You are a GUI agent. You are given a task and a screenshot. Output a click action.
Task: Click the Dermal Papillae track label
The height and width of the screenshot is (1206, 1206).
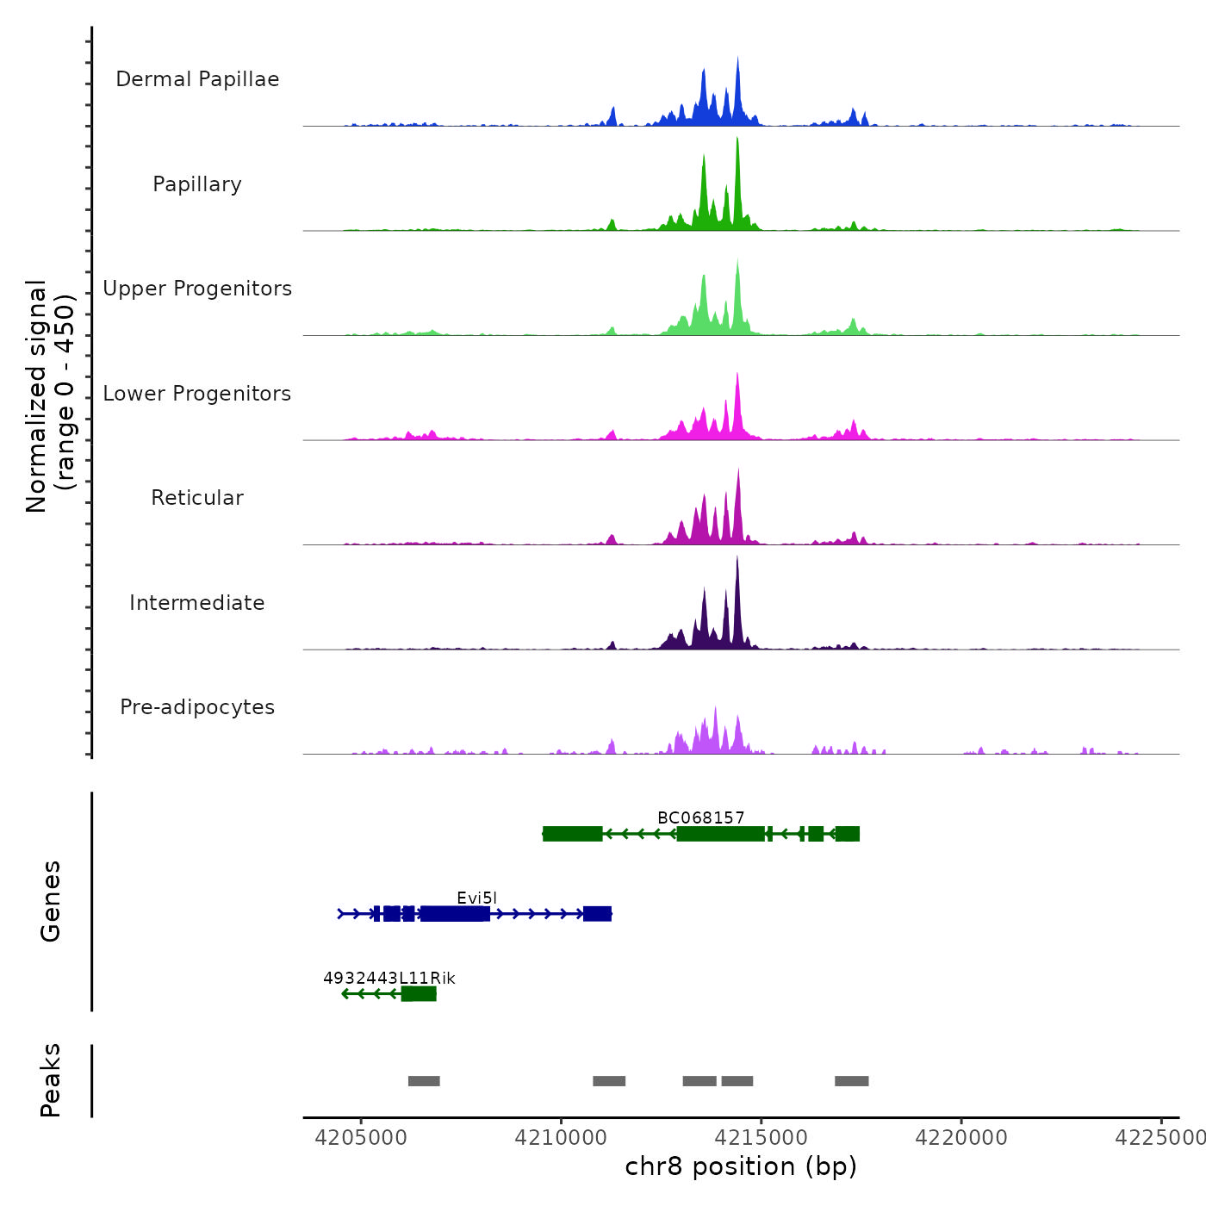(197, 79)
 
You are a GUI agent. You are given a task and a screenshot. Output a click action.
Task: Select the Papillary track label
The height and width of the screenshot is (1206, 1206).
(197, 184)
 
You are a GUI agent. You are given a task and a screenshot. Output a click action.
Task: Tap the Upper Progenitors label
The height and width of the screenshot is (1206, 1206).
(197, 289)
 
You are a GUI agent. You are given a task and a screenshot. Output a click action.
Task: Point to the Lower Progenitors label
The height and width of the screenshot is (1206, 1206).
(197, 394)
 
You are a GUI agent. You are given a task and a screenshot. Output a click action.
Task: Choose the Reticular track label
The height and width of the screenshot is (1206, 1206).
(197, 498)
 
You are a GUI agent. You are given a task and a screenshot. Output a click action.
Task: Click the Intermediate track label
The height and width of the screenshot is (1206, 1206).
(197, 603)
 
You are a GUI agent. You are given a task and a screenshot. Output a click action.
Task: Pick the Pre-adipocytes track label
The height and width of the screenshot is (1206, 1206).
(197, 707)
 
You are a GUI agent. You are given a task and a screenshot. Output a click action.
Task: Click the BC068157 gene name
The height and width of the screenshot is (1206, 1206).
(700, 817)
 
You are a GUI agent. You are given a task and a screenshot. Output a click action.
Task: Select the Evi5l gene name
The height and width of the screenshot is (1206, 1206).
(476, 898)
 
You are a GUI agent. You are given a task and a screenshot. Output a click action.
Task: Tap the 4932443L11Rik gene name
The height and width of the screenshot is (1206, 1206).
(389, 978)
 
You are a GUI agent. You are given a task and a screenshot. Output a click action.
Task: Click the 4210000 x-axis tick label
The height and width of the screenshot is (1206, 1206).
(561, 1138)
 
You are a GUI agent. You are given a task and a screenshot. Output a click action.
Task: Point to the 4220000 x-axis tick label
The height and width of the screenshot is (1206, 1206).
(961, 1138)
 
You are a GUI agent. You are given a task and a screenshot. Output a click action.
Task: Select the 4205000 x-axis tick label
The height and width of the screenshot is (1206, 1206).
(361, 1138)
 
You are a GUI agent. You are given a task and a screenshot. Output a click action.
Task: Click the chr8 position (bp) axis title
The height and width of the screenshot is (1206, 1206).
(741, 1166)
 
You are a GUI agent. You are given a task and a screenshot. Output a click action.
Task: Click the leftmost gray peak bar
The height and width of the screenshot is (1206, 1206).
(424, 1081)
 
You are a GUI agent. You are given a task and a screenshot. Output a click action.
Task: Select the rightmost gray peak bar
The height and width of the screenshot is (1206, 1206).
(851, 1081)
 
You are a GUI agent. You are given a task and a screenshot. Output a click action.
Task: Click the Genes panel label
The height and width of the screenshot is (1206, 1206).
(51, 901)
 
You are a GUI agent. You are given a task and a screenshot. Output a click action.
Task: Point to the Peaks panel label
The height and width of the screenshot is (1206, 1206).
(51, 1080)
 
